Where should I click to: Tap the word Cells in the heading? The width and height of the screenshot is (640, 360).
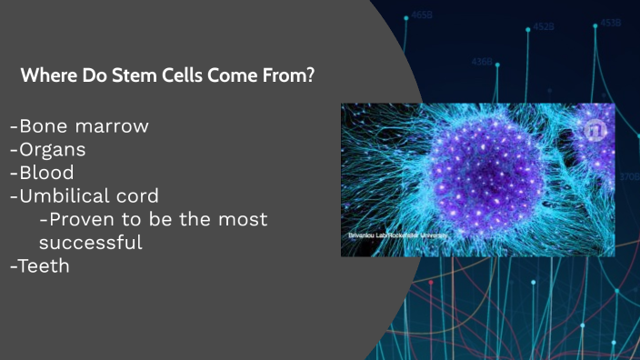(184, 75)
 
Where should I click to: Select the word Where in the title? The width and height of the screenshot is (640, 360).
(46, 75)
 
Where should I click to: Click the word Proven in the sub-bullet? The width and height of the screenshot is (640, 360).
(81, 219)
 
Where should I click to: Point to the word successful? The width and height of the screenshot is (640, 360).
(90, 243)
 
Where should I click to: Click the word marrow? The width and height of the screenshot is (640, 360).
(113, 126)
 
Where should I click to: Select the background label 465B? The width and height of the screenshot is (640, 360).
(422, 15)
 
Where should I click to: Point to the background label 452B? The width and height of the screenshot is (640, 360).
(544, 27)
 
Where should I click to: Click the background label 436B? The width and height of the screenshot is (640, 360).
(482, 63)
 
